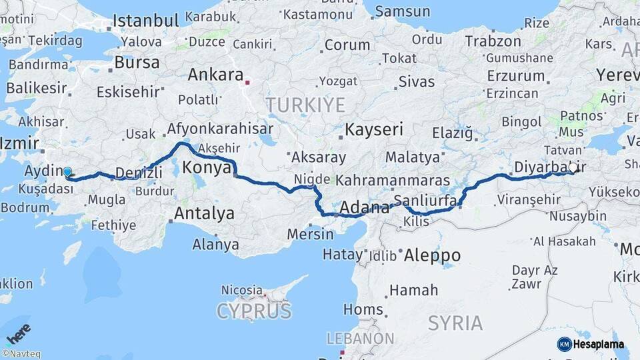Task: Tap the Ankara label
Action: tap(215, 75)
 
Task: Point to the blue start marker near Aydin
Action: tap(67, 173)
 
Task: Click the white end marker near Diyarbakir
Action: tap(572, 169)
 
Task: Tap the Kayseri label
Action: tap(374, 129)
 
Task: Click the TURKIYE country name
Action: tap(305, 105)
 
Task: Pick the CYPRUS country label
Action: tap(254, 311)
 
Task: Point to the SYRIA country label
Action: tap(455, 323)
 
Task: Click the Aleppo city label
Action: tap(432, 255)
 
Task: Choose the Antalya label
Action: tap(204, 213)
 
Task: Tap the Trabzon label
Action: tap(493, 41)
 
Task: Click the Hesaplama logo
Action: tap(591, 344)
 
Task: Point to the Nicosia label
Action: tap(241, 290)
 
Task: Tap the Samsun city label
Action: tap(402, 11)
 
